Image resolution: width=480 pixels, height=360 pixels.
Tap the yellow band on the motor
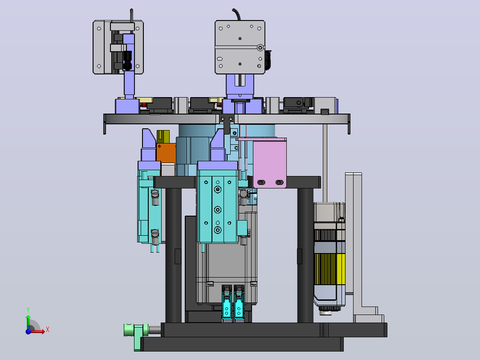point(329,269)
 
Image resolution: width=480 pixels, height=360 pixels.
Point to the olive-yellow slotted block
point(163,137)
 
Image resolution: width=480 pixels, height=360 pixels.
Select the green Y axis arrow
point(28,321)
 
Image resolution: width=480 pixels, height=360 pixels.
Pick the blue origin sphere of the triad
point(28,331)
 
